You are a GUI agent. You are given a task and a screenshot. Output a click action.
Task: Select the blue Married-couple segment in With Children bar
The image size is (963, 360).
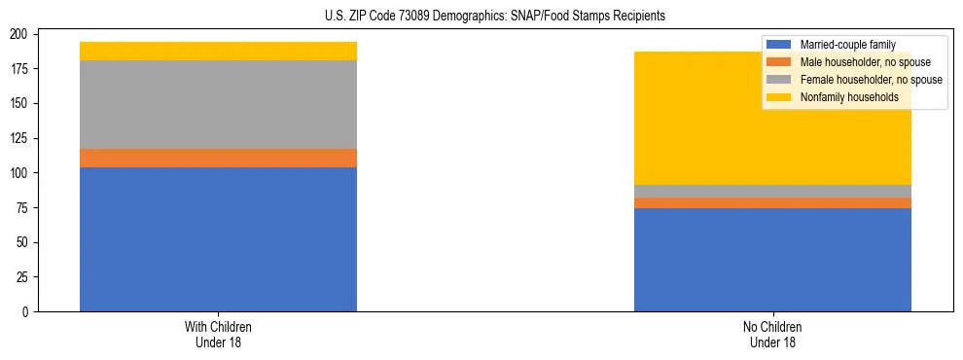click(x=218, y=239)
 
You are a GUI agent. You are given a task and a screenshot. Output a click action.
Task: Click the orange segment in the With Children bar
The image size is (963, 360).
click(x=218, y=158)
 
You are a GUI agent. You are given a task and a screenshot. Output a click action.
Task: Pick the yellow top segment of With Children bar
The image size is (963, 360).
click(x=218, y=51)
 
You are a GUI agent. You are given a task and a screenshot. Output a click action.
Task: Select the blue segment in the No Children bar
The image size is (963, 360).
click(x=772, y=260)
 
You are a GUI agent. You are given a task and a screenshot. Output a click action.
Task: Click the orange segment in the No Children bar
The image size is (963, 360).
click(x=772, y=202)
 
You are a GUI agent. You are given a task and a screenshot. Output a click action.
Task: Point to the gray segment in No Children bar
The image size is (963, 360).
click(x=772, y=191)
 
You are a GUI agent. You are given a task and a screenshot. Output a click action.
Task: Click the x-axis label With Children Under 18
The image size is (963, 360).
click(x=218, y=334)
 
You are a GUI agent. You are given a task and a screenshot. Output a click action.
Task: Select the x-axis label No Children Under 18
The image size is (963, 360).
click(x=772, y=334)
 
